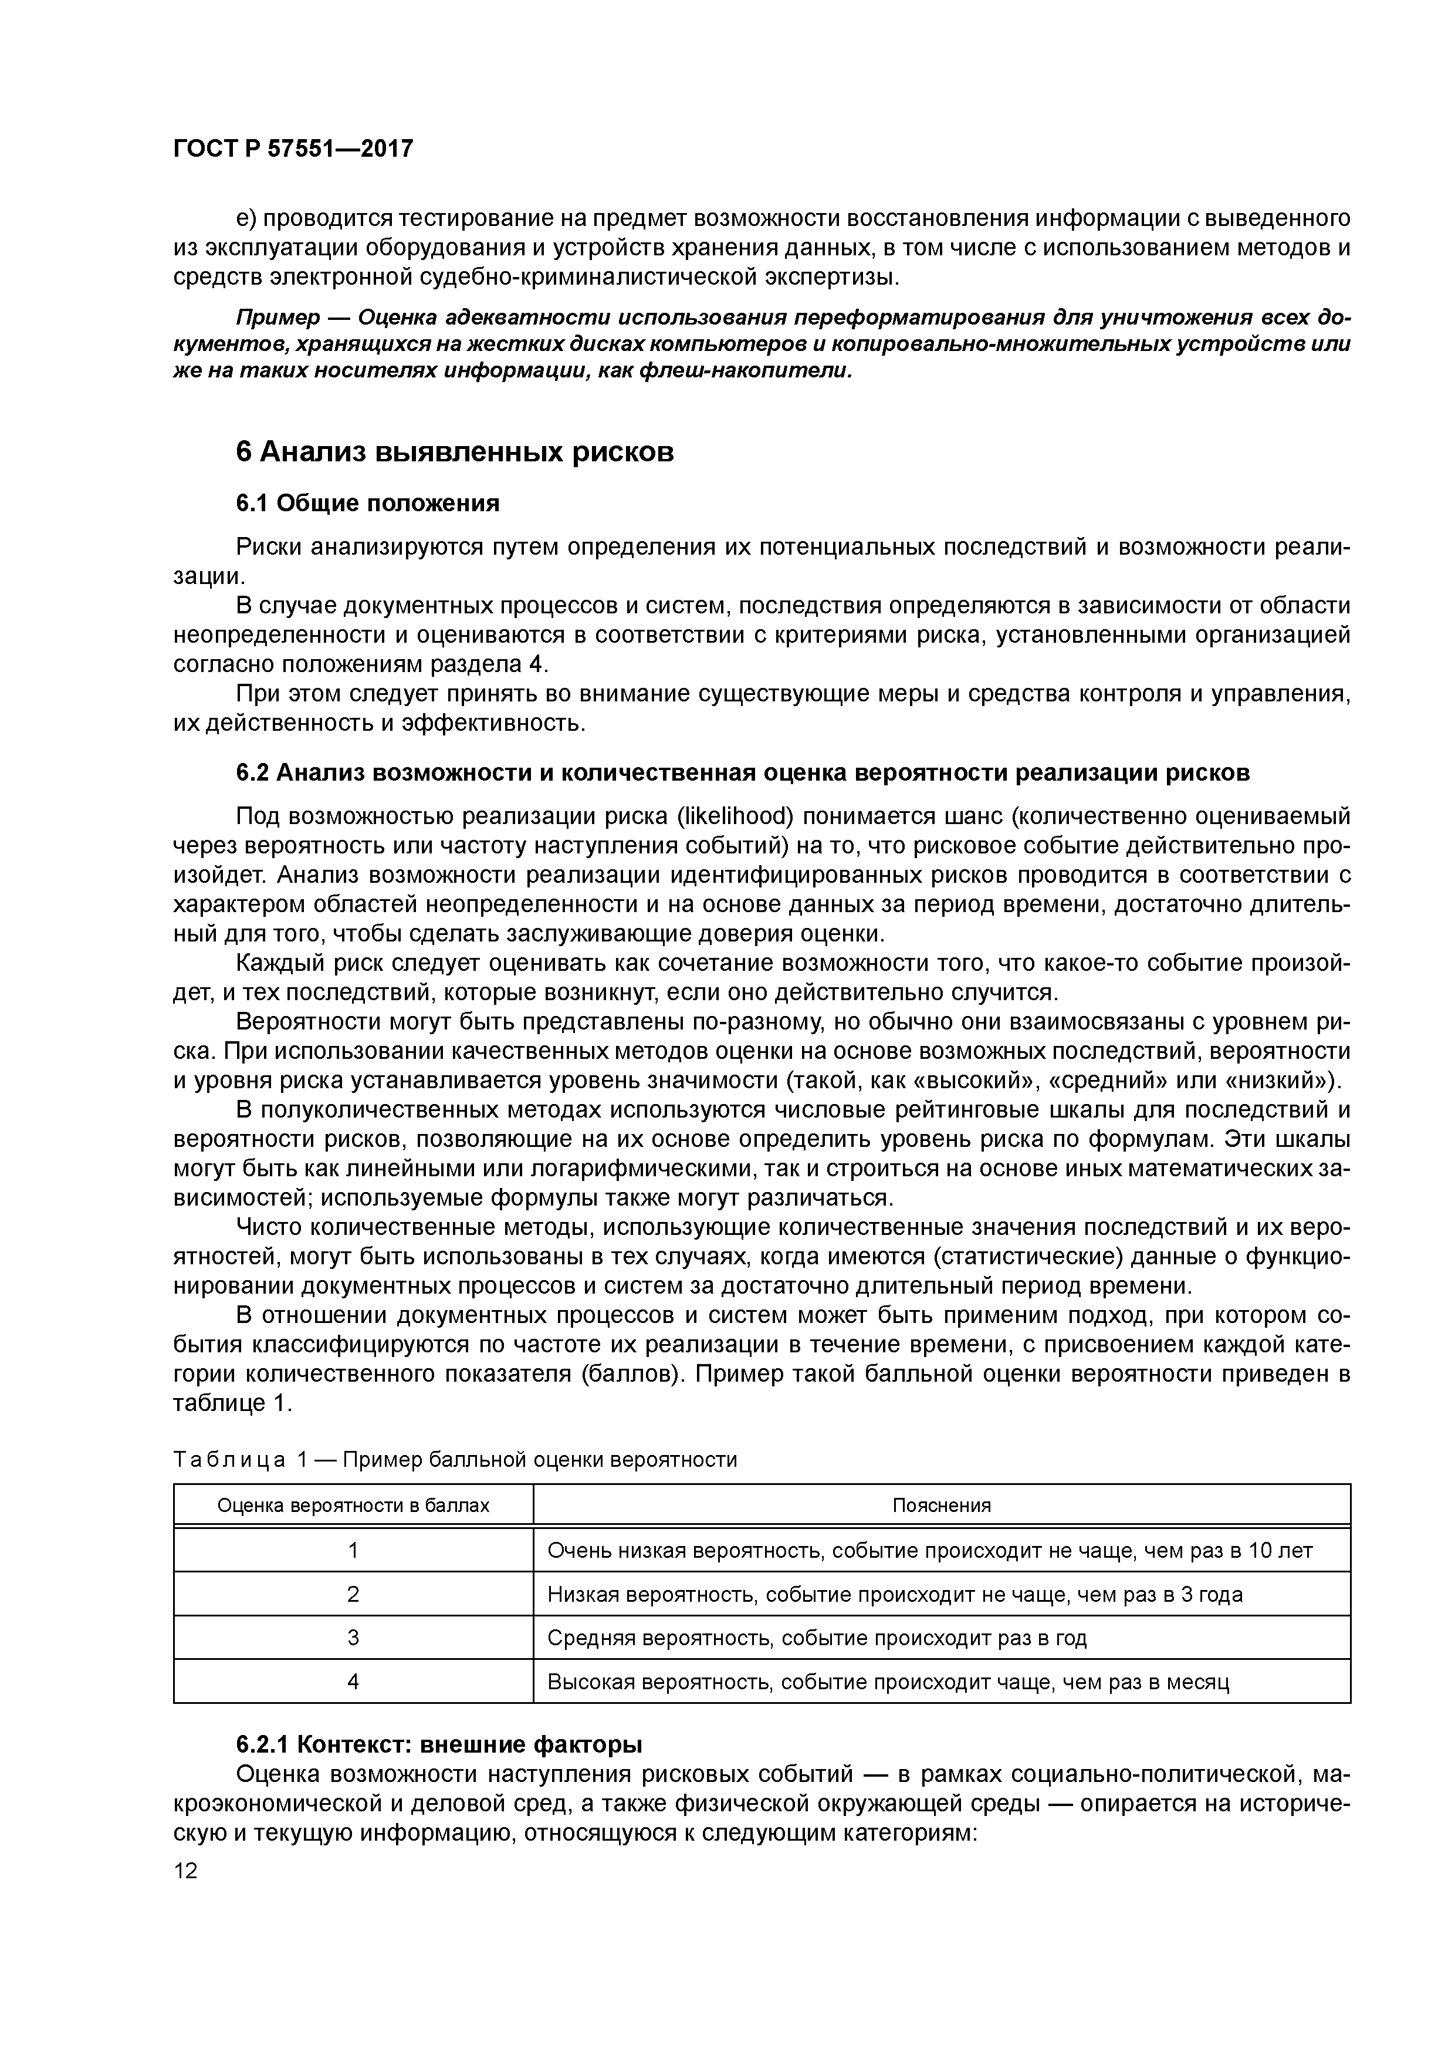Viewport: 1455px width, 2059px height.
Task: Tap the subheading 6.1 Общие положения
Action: pos(367,503)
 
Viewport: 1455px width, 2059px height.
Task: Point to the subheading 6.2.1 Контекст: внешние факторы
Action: pos(439,1744)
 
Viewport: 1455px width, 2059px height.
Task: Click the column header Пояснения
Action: pos(941,1506)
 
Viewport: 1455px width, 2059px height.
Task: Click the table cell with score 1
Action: pos(353,1551)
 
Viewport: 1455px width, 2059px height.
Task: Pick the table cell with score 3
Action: pos(353,1638)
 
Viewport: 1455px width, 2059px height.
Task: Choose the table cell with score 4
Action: pos(353,1682)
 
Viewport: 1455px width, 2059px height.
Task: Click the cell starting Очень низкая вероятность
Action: pos(930,1551)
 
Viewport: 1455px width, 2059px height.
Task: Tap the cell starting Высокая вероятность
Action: pos(888,1682)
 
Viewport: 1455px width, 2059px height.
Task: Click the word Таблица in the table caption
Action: pos(229,1460)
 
